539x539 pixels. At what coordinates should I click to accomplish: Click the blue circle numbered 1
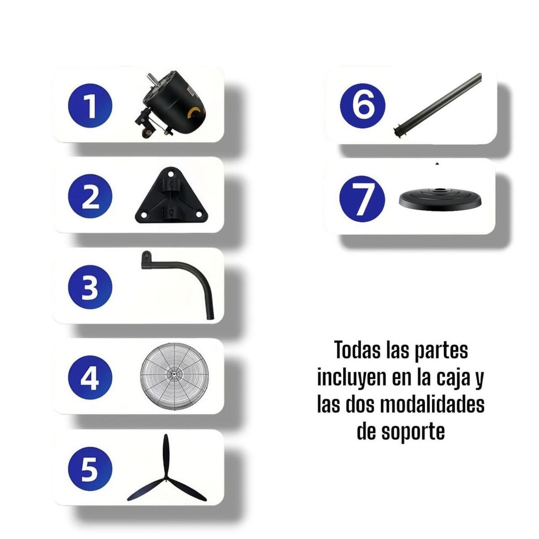(90, 106)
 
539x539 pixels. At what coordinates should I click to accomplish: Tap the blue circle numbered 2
(90, 197)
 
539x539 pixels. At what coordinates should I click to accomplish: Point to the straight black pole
(438, 104)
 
